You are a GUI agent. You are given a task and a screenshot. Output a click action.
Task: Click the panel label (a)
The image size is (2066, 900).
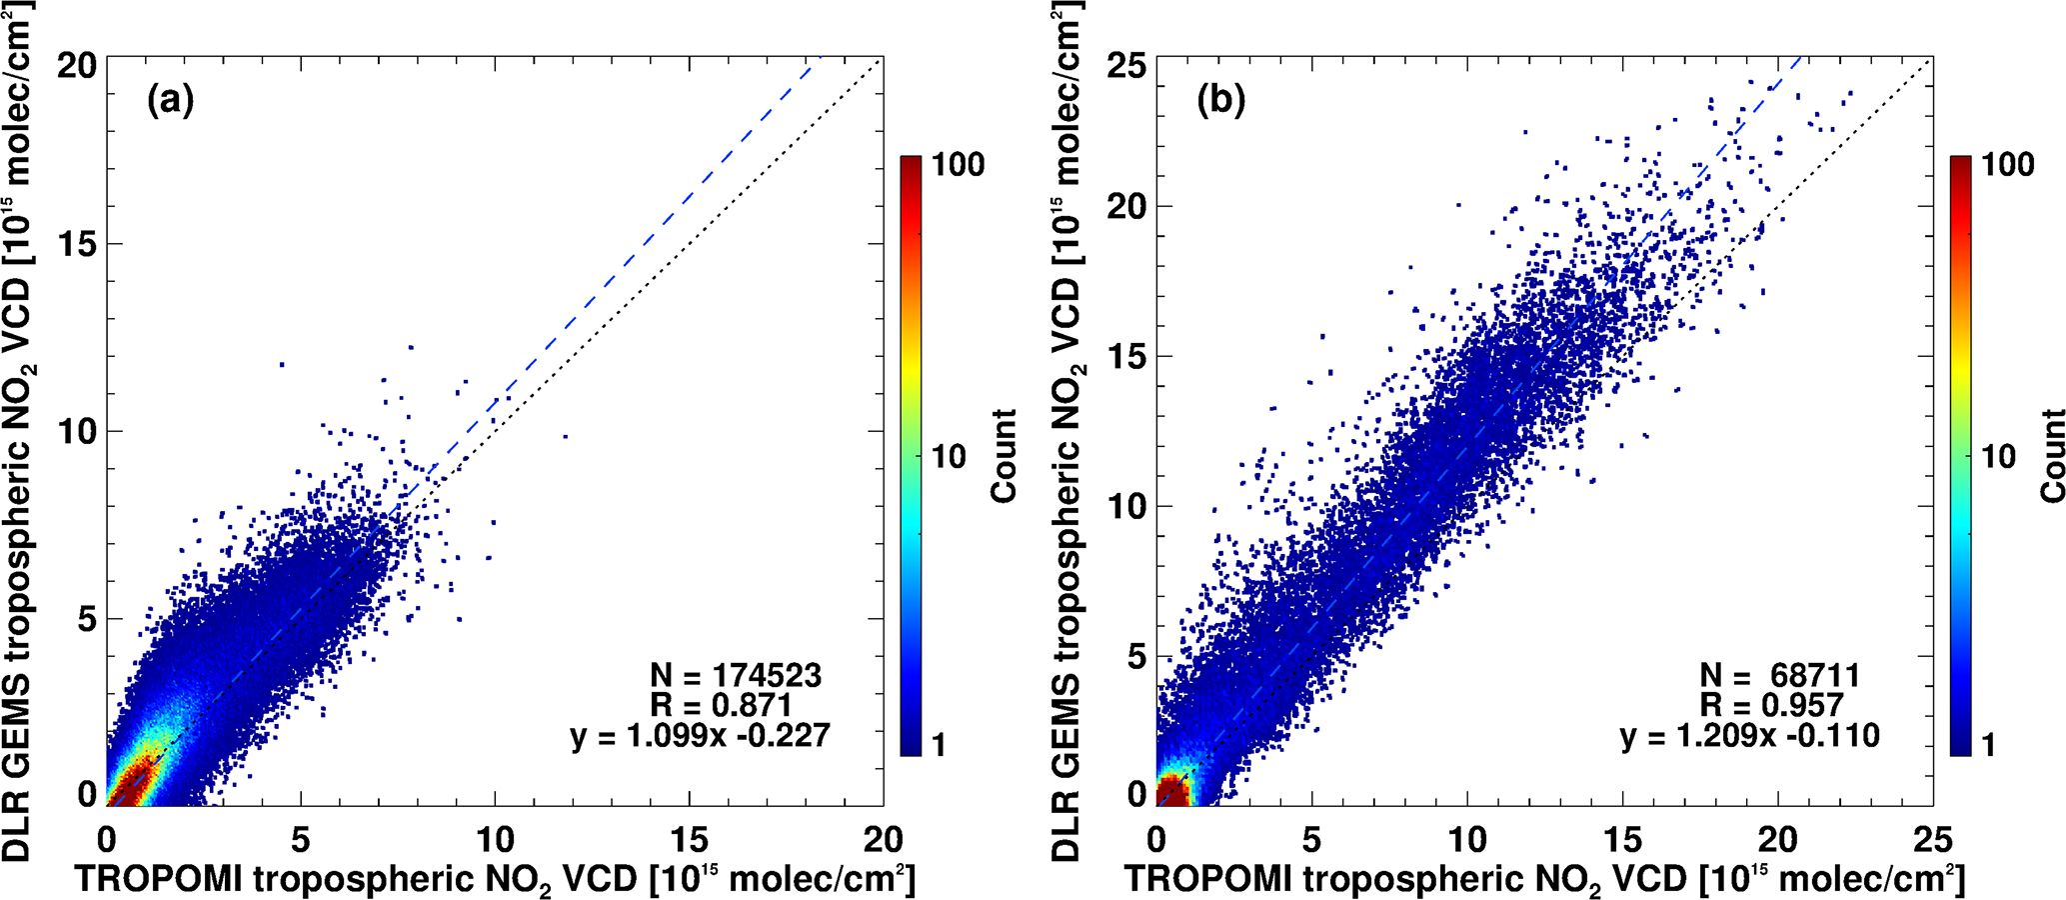(170, 101)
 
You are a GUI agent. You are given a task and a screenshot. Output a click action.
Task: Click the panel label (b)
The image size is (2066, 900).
(1220, 101)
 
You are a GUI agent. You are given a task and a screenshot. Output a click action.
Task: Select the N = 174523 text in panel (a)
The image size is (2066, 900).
(736, 676)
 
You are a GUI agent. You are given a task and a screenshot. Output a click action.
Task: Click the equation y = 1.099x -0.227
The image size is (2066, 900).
(700, 737)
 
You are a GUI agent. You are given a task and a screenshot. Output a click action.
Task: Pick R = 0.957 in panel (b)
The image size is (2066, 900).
(1771, 706)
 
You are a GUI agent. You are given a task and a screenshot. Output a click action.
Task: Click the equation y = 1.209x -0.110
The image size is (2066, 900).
(1750, 737)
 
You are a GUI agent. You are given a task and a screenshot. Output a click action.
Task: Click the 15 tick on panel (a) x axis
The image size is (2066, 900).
(689, 838)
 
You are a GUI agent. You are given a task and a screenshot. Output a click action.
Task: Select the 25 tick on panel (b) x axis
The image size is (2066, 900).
(1930, 838)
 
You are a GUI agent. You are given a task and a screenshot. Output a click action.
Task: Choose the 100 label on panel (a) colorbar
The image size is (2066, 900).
(959, 165)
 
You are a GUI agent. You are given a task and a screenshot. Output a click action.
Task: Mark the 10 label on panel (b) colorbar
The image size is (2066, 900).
(1998, 458)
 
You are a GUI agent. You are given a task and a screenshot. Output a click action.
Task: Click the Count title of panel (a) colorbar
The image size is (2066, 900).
(1003, 455)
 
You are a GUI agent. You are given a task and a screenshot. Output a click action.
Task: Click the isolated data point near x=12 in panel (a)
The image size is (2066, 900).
(565, 436)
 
